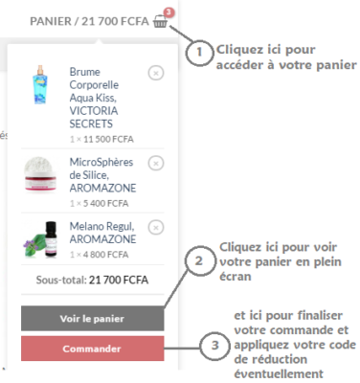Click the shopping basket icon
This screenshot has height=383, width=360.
tap(160, 21)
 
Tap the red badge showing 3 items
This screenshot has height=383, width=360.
tap(169, 12)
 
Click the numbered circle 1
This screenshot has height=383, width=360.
tap(199, 52)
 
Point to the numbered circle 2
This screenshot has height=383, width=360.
tap(199, 260)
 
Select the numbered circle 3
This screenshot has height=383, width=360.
tap(214, 345)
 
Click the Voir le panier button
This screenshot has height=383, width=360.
tap(93, 318)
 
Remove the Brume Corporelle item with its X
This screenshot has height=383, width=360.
tap(156, 73)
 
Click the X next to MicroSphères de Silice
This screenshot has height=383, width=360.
tap(156, 164)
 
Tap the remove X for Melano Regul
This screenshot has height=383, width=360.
tap(156, 228)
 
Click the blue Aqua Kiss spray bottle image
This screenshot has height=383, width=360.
tap(40, 84)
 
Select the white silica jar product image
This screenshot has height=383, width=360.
tap(40, 174)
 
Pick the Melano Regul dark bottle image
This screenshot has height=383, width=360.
tap(40, 238)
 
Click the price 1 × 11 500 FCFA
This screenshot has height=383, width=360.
tap(101, 139)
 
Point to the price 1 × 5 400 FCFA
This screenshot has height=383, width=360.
tap(100, 203)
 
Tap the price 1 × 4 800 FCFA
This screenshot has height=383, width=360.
tap(100, 255)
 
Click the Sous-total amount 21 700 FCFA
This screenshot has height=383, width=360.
tap(119, 280)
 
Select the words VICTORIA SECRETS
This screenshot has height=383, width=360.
tap(94, 117)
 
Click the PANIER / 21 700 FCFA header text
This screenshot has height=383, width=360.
tap(89, 21)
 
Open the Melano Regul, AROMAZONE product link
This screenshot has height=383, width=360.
tap(102, 233)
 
